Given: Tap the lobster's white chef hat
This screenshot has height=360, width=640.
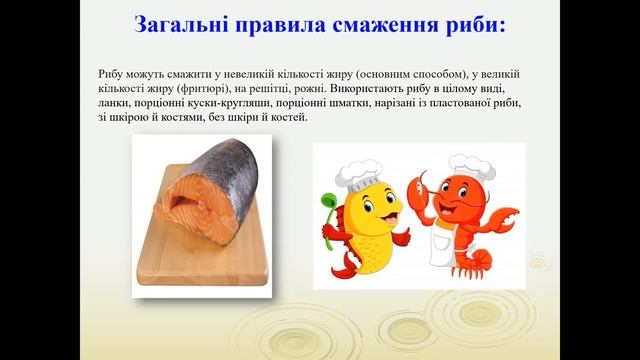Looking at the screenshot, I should click(465, 166).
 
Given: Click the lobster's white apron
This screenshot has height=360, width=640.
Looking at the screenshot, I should click(445, 240).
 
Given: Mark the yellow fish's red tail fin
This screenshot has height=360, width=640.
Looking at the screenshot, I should click(340, 265).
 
